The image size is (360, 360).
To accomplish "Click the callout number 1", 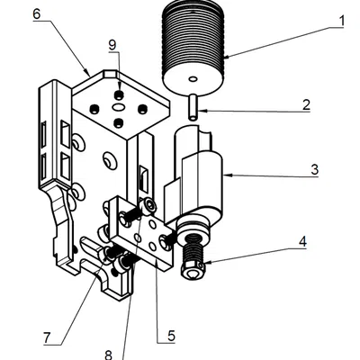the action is click(x=342, y=21).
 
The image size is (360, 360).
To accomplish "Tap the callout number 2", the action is click(x=306, y=105).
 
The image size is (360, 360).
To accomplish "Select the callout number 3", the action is click(x=314, y=170).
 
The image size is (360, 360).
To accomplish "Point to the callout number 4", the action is click(x=302, y=241).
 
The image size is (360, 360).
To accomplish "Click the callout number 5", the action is click(x=171, y=336).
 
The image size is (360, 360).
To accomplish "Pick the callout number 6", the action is click(x=37, y=14).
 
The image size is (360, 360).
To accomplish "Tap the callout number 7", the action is click(x=47, y=338).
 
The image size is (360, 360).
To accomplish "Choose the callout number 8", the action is click(x=108, y=355).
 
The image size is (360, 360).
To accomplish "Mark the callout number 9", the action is click(x=112, y=45).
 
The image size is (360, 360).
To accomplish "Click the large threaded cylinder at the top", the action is click(x=193, y=48).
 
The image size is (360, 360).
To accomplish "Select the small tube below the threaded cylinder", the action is click(x=193, y=107).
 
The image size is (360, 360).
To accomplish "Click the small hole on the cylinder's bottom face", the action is click(x=193, y=79).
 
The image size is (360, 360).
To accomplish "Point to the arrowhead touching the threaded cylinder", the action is click(x=228, y=56).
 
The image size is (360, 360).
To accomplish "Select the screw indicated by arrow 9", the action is click(x=120, y=95).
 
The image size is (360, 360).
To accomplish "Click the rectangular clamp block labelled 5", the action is click(x=141, y=233).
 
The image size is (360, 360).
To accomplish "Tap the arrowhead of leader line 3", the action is click(x=228, y=175).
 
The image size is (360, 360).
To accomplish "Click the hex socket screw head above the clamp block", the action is click(x=150, y=206).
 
